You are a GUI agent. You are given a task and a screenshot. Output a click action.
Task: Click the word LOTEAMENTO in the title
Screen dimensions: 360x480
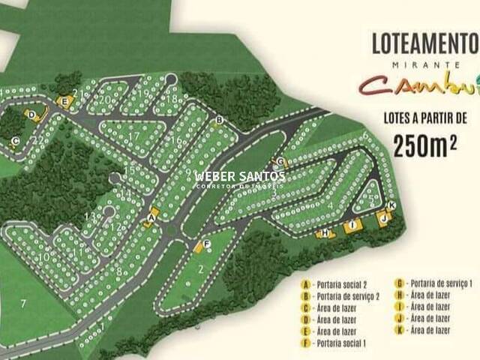tap(424, 43)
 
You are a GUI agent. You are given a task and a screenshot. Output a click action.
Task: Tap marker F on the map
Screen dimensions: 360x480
tap(206, 243)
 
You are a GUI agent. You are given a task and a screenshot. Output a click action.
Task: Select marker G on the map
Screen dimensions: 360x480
tap(280, 162)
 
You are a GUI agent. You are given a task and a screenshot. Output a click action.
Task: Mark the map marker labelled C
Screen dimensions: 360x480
tap(15, 140)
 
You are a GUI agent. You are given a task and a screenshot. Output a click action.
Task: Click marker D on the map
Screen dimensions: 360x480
tap(31, 115)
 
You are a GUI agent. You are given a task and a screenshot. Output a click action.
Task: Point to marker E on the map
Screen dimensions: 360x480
tap(65, 101)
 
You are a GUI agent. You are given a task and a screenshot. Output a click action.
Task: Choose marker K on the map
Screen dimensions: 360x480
tap(391, 205)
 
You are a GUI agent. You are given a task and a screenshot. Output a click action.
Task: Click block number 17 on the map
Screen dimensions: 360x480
tap(133, 136)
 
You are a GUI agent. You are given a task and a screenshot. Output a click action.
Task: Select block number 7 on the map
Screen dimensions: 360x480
tap(23, 303)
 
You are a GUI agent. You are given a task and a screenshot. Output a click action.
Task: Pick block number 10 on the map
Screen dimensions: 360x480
tap(44, 257)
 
